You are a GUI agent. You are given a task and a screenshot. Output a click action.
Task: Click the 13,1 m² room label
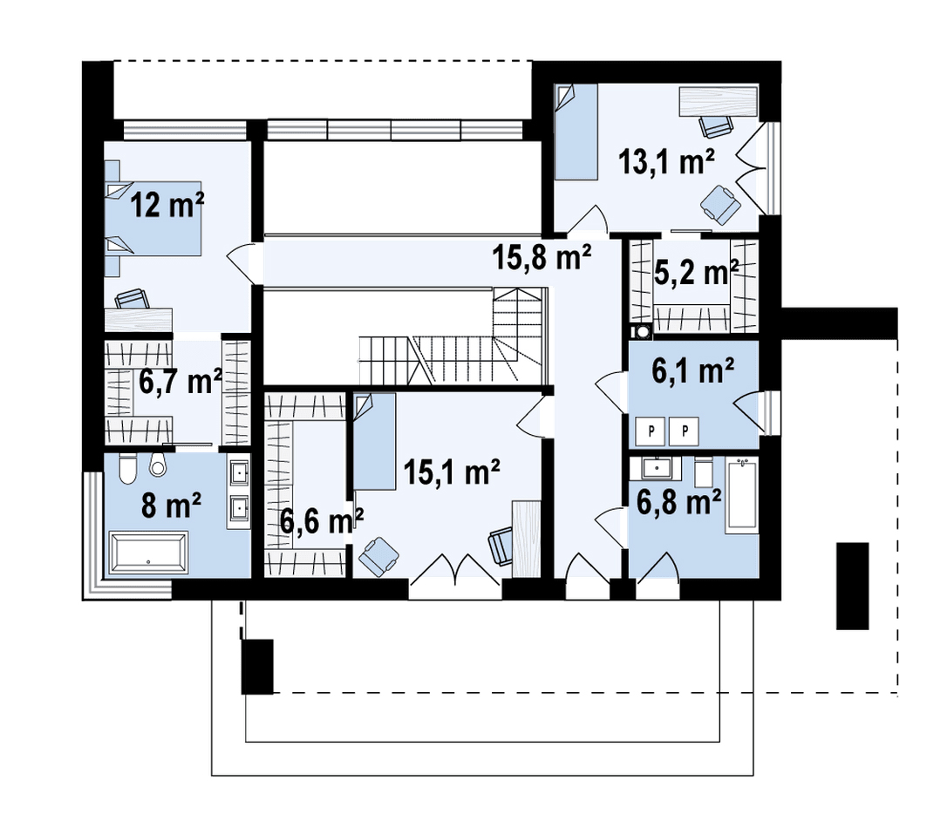click(x=666, y=162)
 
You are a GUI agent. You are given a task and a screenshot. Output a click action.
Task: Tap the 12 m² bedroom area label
click(x=167, y=206)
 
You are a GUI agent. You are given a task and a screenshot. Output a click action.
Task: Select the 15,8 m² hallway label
click(x=542, y=257)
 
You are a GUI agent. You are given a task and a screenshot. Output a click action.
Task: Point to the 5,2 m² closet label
click(x=697, y=273)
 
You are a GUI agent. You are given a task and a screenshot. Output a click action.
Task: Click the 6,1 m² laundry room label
click(x=692, y=370)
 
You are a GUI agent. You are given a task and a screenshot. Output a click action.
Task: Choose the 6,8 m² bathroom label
click(x=678, y=502)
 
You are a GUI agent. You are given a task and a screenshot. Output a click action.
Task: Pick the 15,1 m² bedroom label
click(x=452, y=472)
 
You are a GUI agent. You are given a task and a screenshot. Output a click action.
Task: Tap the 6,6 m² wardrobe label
click(x=321, y=521)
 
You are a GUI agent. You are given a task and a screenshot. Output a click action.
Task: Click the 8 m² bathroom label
click(x=171, y=505)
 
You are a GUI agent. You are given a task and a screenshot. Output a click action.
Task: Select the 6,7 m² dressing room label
click(x=181, y=382)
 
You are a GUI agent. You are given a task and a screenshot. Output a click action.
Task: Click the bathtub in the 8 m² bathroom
click(x=148, y=551)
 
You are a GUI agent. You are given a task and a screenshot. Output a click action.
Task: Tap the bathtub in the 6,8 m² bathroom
click(x=742, y=496)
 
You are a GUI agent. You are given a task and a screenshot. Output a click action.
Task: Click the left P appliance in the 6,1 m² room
click(x=651, y=431)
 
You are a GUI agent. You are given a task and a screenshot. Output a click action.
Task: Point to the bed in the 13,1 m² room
click(x=576, y=132)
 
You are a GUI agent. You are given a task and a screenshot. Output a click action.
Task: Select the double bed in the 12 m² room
click(x=153, y=219)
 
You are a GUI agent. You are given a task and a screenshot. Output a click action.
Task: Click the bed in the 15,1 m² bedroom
click(x=374, y=441)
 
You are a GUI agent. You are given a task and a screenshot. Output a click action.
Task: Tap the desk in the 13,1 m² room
click(x=719, y=101)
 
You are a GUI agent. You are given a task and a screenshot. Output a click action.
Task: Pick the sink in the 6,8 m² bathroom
click(x=653, y=468)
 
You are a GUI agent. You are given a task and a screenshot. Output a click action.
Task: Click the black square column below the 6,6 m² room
click(x=257, y=667)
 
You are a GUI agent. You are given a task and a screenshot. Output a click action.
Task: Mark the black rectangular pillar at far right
click(x=852, y=587)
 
